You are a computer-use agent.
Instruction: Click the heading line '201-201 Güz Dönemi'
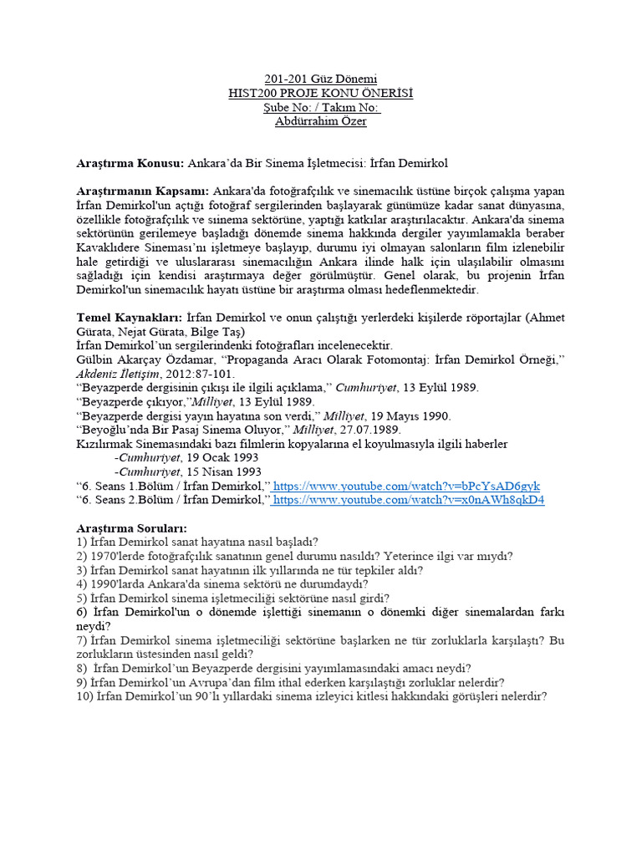(x=321, y=78)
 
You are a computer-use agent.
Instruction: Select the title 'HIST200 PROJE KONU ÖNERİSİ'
(x=321, y=93)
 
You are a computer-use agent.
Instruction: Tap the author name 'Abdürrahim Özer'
(x=321, y=121)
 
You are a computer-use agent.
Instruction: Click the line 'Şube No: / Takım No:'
(x=321, y=107)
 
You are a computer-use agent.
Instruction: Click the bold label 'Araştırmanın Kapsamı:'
(x=143, y=191)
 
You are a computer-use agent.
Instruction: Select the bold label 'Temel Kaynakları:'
(x=129, y=318)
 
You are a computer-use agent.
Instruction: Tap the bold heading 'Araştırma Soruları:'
(x=132, y=528)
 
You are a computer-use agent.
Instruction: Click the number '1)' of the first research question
(x=81, y=543)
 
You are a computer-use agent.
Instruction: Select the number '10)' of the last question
(x=84, y=695)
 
